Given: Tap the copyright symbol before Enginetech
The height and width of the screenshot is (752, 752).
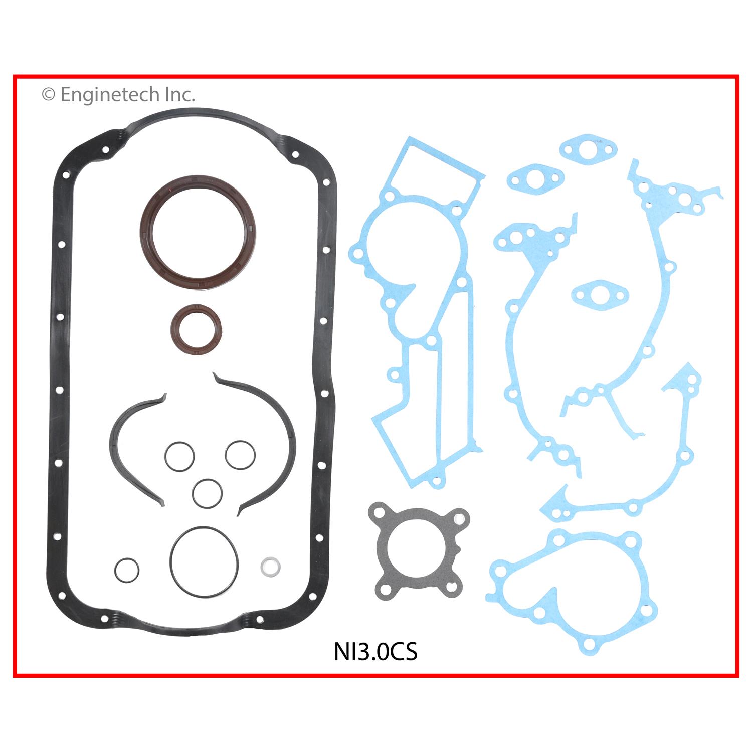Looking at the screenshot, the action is click(x=48, y=94).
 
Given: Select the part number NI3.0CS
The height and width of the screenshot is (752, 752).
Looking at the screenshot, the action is click(x=375, y=652).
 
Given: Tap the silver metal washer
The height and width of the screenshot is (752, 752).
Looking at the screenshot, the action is click(x=271, y=566).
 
